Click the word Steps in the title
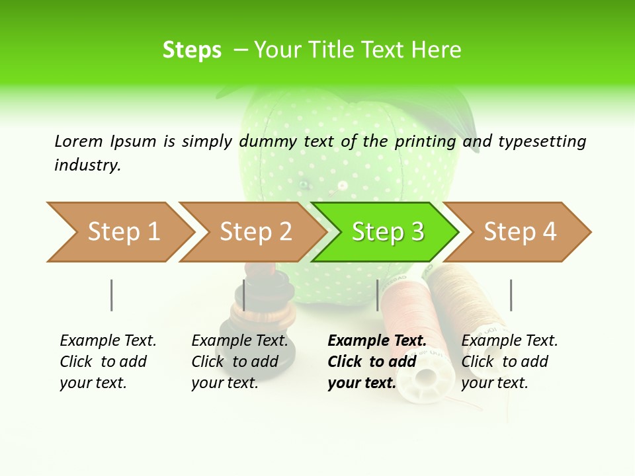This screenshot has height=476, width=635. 192,50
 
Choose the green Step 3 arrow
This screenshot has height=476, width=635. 388,232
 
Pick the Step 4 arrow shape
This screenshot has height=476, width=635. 520,232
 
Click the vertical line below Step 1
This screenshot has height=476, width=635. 111,295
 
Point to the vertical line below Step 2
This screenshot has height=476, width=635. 244,295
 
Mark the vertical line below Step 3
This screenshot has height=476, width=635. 377,295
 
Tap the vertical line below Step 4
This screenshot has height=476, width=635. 511,295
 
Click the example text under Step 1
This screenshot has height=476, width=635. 107,362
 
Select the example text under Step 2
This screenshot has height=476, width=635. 239,362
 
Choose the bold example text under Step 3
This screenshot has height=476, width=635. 376,362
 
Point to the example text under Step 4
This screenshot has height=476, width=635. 509,362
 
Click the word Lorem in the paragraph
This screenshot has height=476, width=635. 79,141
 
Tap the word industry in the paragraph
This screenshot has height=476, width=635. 87,165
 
